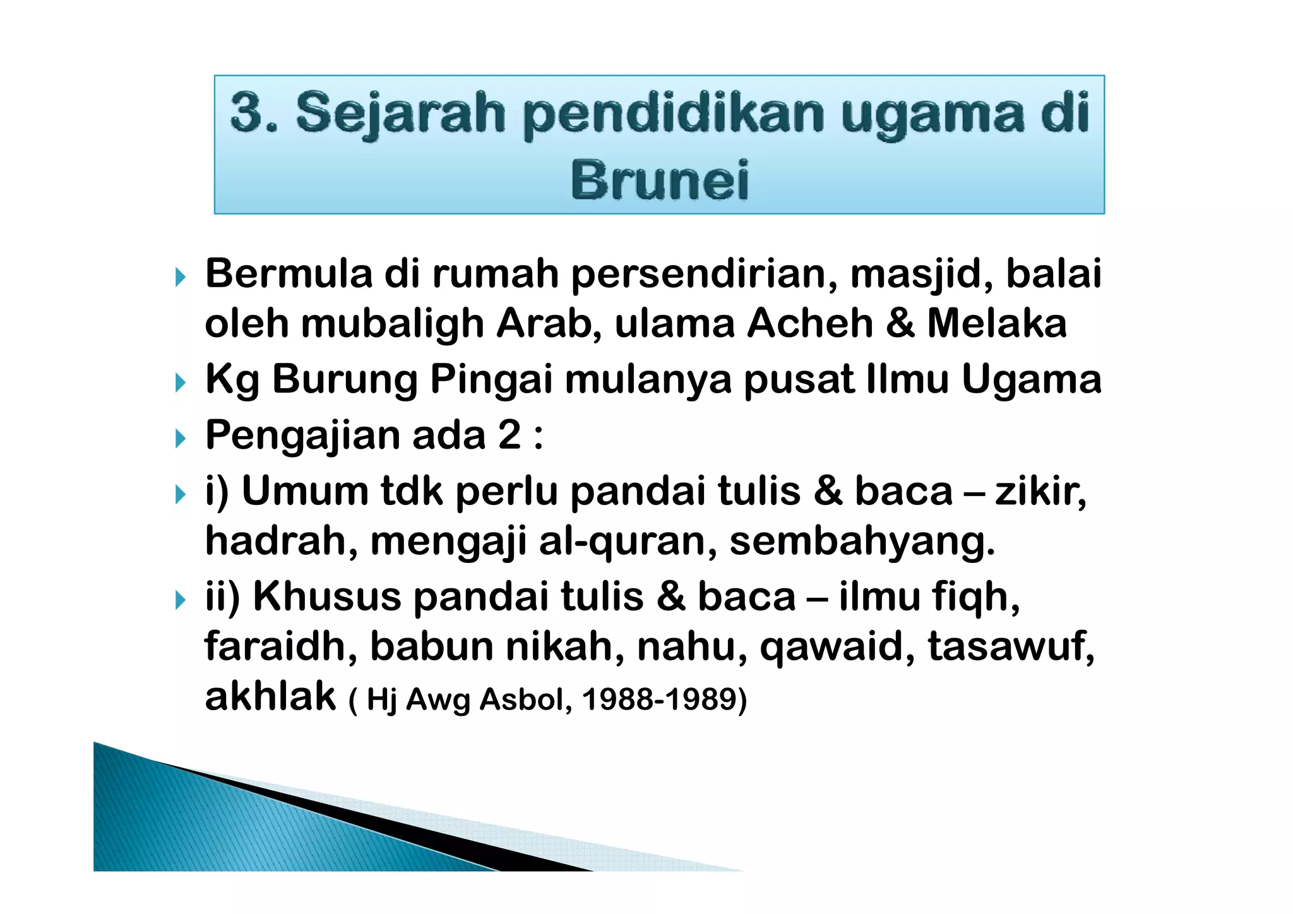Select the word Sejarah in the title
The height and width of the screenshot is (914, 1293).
pyautogui.click(x=400, y=114)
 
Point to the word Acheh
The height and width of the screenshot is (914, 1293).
pyautogui.click(x=810, y=323)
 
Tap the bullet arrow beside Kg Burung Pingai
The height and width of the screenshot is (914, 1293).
pyautogui.click(x=181, y=382)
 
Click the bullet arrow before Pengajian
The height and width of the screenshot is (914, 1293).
pyautogui.click(x=181, y=437)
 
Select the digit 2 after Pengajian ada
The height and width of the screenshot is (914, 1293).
pyautogui.click(x=509, y=435)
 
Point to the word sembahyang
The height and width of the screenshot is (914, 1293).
pyautogui.click(x=862, y=542)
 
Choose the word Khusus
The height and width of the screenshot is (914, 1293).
pyautogui.click(x=326, y=596)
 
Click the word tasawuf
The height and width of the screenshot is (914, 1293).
pyautogui.click(x=1010, y=647)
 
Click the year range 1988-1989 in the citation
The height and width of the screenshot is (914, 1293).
pyautogui.click(x=664, y=699)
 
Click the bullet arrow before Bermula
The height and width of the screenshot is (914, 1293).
pyautogui.click(x=181, y=276)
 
